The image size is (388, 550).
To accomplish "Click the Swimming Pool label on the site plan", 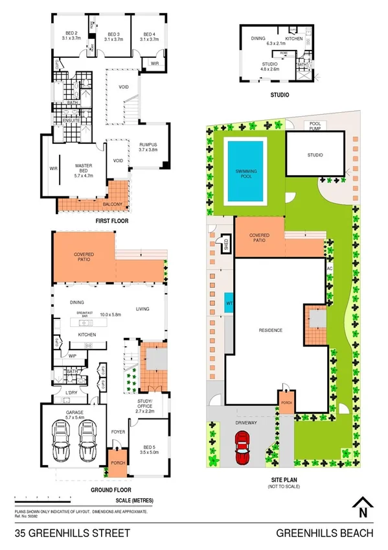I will tap(245, 173).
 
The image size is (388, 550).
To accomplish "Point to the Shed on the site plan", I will tap(225, 244).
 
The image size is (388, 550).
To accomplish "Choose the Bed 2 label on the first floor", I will tap(71, 36).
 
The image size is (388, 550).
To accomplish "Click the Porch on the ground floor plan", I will tap(117, 462).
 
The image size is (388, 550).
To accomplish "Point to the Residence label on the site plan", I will tap(271, 330).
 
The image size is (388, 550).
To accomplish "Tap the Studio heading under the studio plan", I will tap(280, 95).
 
